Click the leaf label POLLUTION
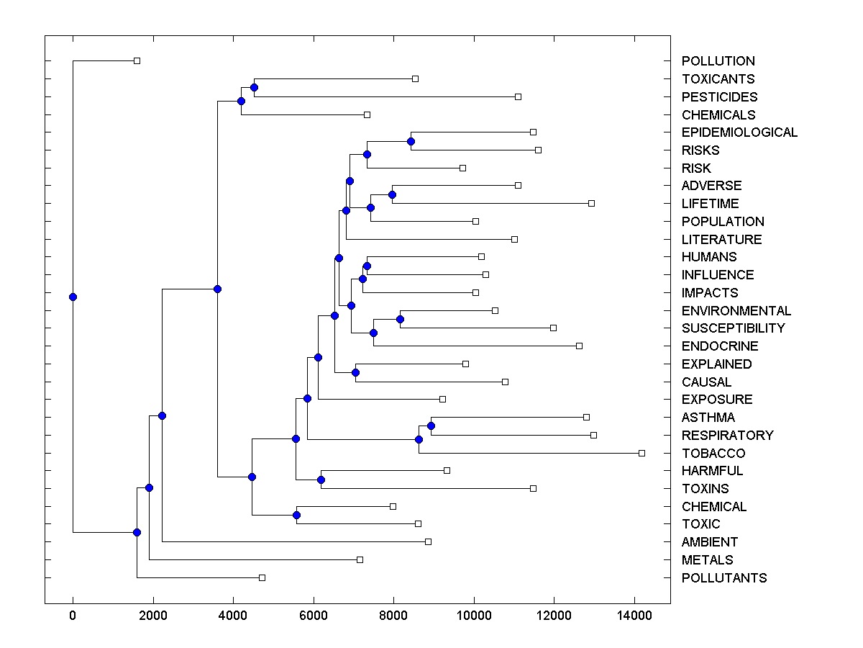[718, 61]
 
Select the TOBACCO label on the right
[713, 453]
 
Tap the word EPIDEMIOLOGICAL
[739, 132]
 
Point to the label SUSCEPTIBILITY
[733, 328]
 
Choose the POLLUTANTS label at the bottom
[724, 577]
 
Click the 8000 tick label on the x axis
[393, 616]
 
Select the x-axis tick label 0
[73, 616]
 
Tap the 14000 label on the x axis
[634, 616]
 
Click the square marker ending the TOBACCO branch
[641, 453]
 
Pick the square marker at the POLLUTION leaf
[137, 60]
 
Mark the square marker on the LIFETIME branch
[591, 203]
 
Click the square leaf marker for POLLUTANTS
[262, 577]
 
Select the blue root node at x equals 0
[73, 297]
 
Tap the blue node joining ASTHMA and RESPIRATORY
[431, 426]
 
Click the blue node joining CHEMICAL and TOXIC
[296, 515]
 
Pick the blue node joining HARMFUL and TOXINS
[321, 480]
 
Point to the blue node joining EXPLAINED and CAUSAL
[355, 372]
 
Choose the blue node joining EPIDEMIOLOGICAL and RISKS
[411, 141]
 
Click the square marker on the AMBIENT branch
[428, 541]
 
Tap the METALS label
[707, 559]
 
